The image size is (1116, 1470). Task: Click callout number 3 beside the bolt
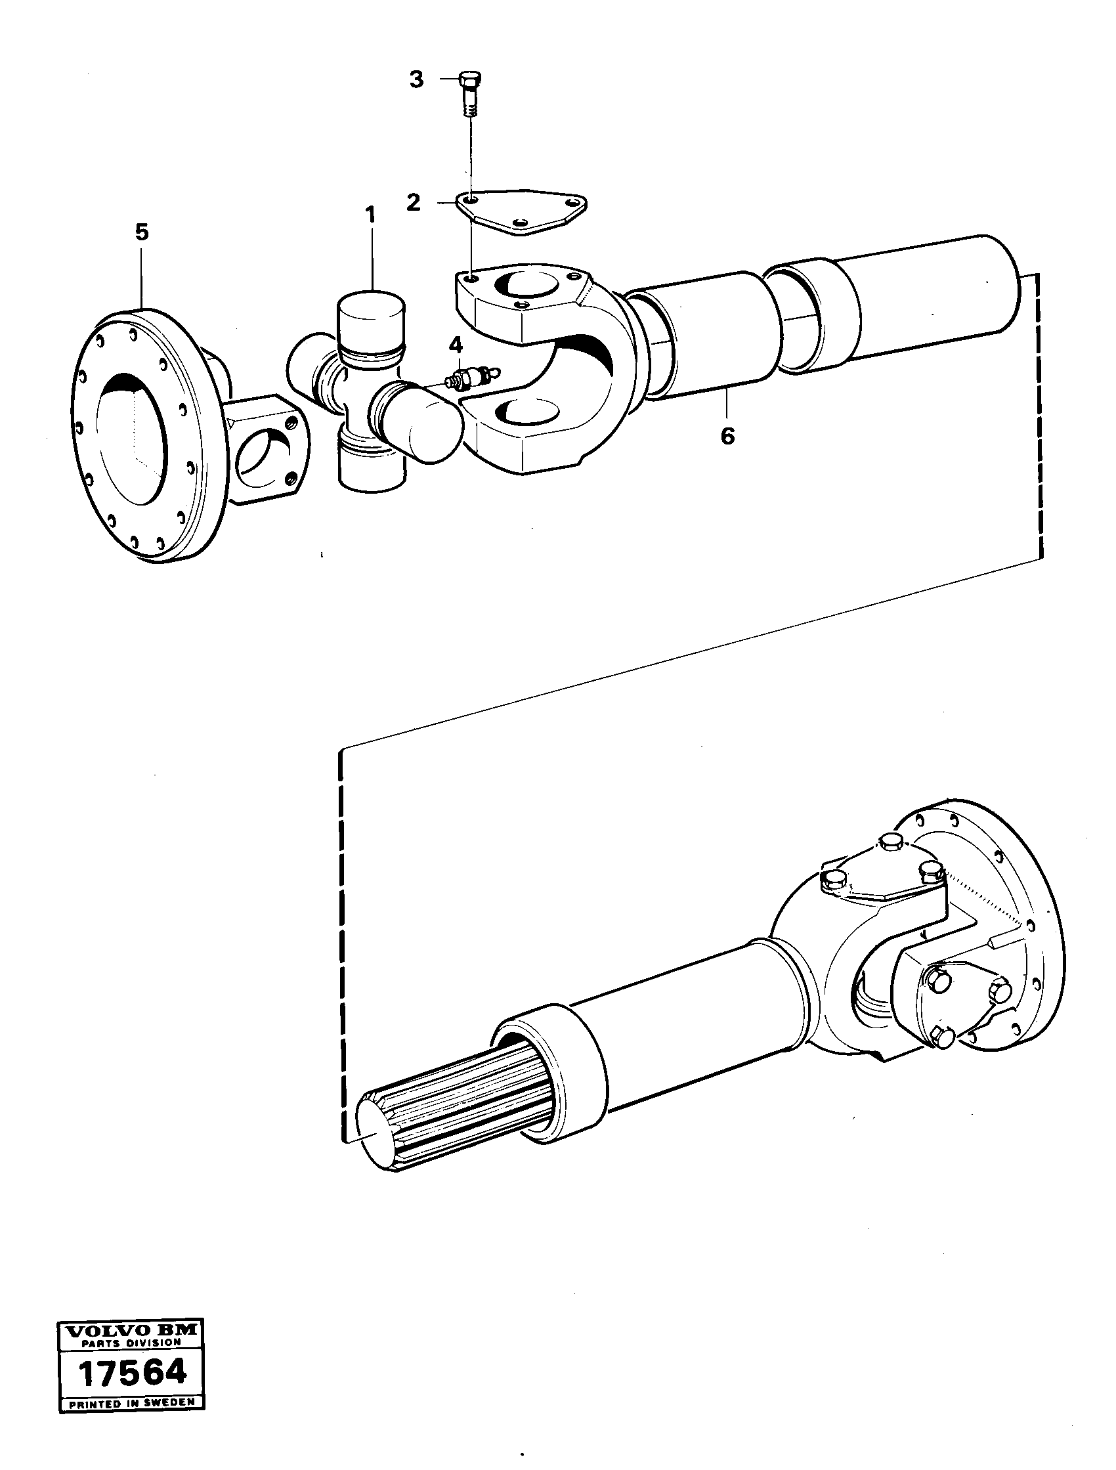click(416, 80)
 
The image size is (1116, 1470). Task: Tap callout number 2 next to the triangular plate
click(414, 203)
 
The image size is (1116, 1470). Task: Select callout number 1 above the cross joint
click(370, 215)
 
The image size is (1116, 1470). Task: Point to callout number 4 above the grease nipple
click(456, 345)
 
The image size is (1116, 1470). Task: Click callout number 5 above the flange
click(142, 232)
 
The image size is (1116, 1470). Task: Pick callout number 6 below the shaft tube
click(728, 437)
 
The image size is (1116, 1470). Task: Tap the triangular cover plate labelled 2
click(521, 213)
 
